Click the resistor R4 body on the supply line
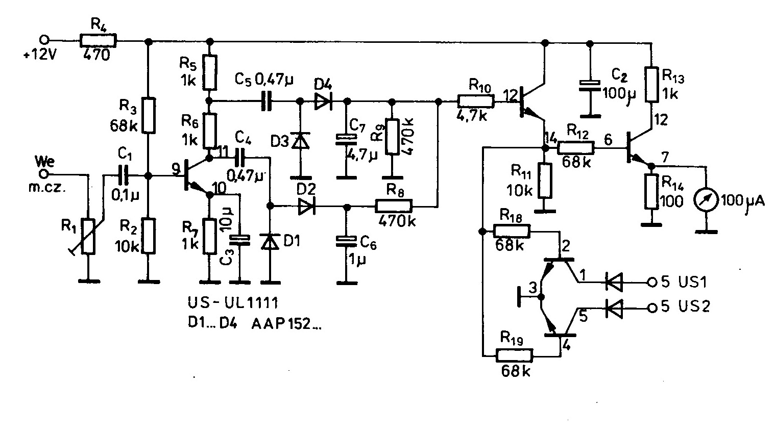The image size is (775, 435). [98, 40]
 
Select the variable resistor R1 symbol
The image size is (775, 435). [88, 236]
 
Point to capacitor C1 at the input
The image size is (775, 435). [123, 176]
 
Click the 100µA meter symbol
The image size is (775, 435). [706, 200]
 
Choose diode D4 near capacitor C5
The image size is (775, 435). [322, 101]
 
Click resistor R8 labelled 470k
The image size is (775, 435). [393, 207]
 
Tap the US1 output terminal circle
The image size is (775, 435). [651, 281]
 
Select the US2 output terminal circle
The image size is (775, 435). [651, 308]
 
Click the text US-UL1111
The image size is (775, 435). [232, 304]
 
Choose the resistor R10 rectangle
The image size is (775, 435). [475, 101]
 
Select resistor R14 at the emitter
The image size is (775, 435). [651, 192]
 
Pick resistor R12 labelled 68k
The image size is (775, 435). [575, 148]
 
